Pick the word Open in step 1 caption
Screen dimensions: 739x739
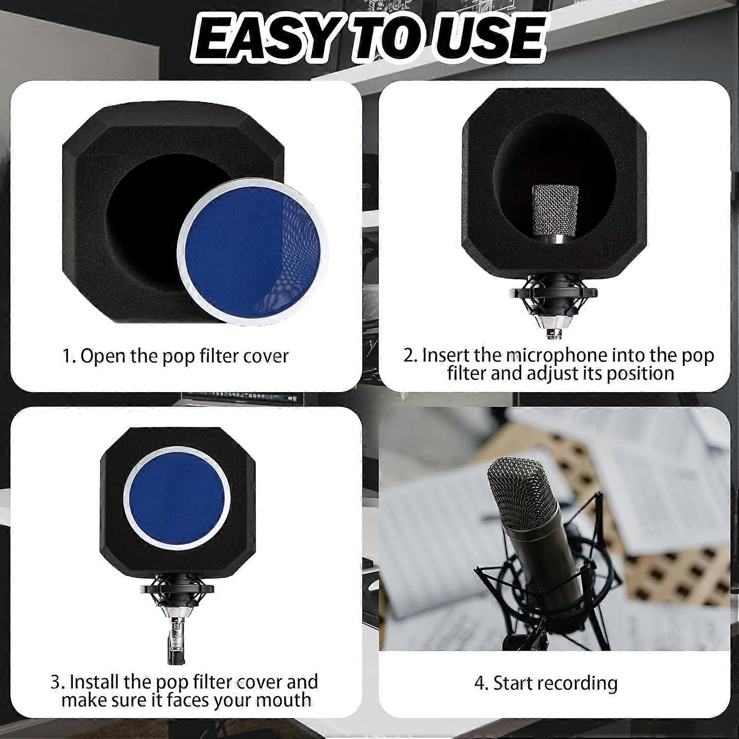pos(101,356)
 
